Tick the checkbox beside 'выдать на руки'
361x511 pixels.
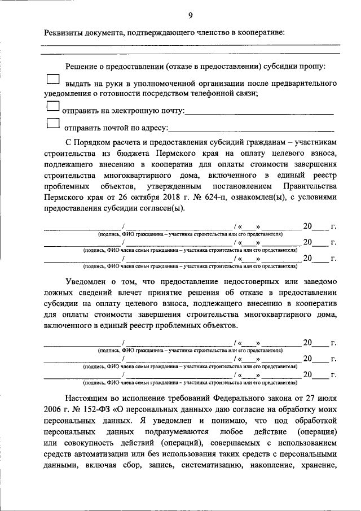click(x=52, y=80)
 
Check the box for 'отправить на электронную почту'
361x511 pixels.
click(x=52, y=107)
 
